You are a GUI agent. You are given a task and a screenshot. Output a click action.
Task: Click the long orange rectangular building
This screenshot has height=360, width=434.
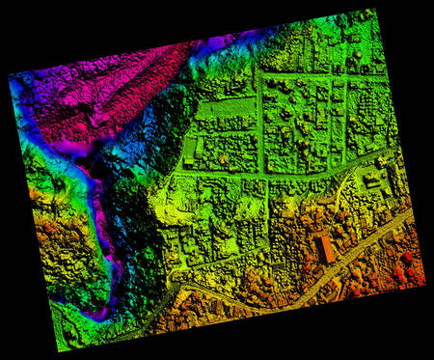[x=326, y=249]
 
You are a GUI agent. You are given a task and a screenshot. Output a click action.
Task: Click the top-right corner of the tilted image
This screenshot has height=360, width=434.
[x=371, y=10]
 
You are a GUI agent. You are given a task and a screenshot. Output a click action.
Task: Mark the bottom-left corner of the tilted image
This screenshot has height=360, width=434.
[x=60, y=351]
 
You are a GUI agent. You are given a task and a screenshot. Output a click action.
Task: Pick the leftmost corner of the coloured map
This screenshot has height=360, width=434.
[x=9, y=76]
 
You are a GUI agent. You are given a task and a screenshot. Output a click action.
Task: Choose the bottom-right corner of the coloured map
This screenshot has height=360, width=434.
[x=425, y=286]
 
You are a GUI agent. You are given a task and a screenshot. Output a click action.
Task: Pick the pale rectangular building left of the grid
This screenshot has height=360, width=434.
[x=191, y=150]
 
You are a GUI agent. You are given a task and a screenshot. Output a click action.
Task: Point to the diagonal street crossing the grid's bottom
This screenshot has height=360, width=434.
[x=318, y=174]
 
